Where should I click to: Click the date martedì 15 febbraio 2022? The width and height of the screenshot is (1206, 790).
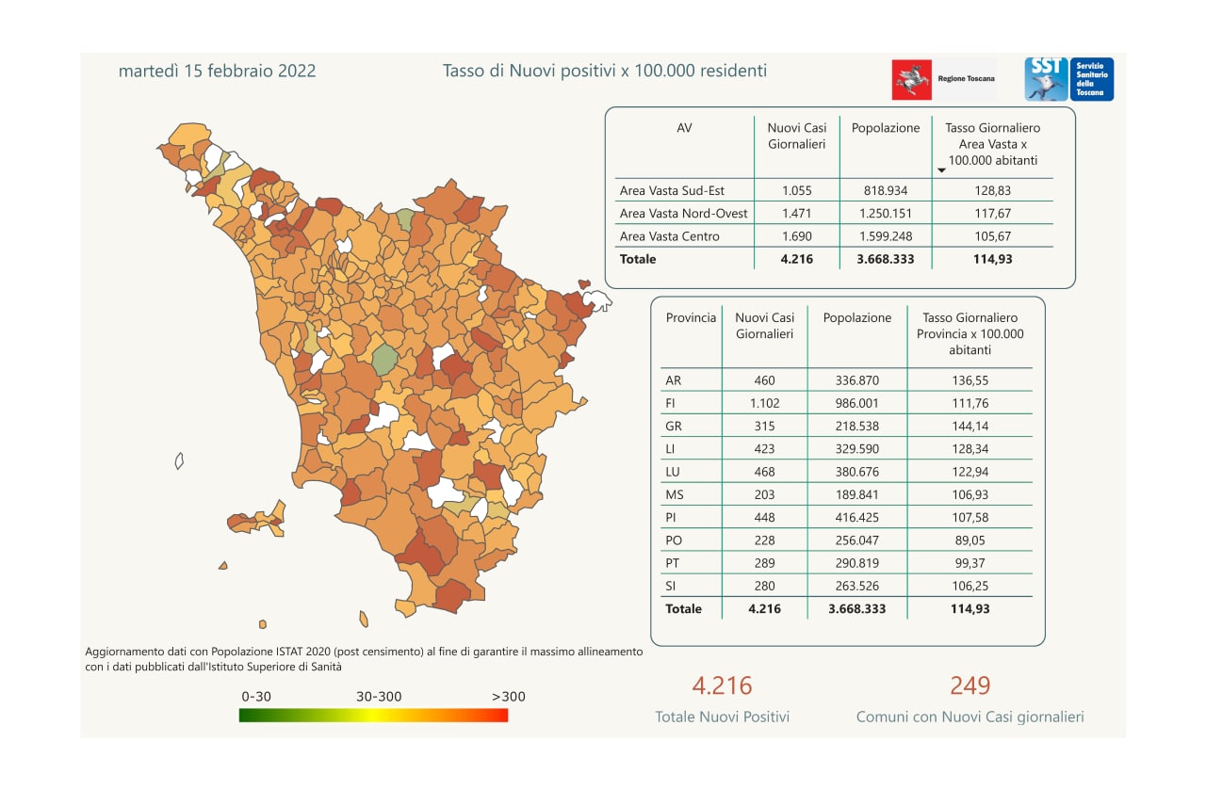[x=217, y=71]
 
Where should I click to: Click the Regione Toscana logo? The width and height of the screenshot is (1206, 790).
[x=943, y=80]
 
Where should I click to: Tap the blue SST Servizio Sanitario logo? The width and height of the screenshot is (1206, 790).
[x=1068, y=79]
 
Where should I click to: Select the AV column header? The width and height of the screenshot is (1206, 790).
[x=684, y=128]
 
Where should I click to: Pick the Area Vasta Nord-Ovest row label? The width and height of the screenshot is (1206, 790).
[x=683, y=214]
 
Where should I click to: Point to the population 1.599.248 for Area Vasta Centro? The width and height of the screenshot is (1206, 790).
[x=885, y=236]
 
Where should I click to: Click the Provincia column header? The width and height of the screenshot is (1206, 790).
[x=691, y=318]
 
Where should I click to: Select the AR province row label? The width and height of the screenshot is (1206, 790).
[x=674, y=381]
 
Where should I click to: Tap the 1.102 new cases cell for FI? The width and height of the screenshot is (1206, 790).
[x=764, y=404]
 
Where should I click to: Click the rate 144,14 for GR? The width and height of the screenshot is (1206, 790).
[x=969, y=427]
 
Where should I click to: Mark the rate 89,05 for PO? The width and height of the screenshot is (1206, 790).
[x=969, y=540]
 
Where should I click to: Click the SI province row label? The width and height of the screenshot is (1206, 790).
[x=672, y=586]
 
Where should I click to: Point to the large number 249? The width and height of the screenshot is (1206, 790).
[x=970, y=685]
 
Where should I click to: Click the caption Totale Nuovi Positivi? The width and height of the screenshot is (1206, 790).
[x=722, y=717]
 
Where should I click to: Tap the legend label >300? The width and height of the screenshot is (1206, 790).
[x=509, y=697]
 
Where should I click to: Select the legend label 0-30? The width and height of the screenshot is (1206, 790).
[x=256, y=697]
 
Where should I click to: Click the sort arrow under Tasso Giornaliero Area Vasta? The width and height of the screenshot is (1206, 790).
[x=940, y=170]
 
